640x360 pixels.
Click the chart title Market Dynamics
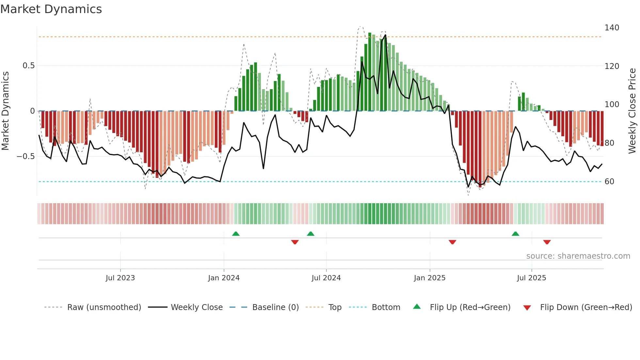coord(51,9)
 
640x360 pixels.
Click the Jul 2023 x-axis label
coord(120,278)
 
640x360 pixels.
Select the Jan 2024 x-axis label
coord(224,278)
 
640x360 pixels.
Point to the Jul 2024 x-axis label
coord(326,278)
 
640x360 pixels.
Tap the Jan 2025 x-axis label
coord(429,278)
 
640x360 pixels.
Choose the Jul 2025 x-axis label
coord(531,278)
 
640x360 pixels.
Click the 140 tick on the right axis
coord(612,28)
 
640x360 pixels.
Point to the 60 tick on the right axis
coord(609,182)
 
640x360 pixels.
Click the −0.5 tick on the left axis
coord(25,156)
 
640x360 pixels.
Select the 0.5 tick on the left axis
coord(28,66)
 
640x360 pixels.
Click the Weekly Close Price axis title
coord(632,111)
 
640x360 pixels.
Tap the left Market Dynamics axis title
coord(5,111)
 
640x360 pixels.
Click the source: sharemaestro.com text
coord(578,256)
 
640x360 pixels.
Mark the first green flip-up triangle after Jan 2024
coord(236,234)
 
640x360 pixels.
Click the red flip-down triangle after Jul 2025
coord(547,242)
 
